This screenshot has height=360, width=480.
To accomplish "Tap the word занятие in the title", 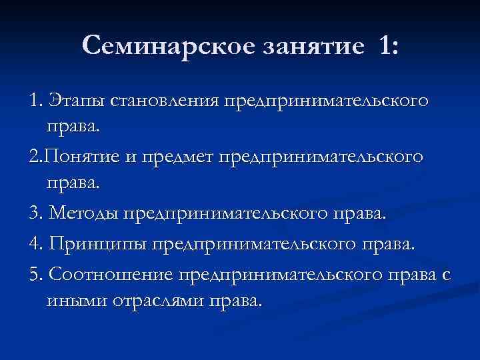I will (x=311, y=47).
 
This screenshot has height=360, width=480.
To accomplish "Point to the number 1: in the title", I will (x=386, y=47).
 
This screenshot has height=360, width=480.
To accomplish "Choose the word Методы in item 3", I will (x=81, y=213).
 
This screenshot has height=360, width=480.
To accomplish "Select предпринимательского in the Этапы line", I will (x=326, y=102).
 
